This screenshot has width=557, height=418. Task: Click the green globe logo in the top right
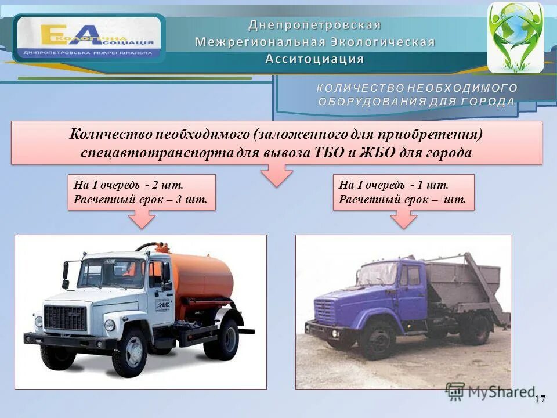click(515, 36)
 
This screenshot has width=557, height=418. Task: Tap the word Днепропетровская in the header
click(314, 25)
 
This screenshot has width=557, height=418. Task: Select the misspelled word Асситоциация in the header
click(314, 59)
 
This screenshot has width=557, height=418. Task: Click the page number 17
click(540, 399)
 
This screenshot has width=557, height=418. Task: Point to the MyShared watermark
click(490, 392)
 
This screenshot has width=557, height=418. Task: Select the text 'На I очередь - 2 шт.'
click(128, 186)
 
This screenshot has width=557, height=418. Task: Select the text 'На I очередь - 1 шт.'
click(394, 186)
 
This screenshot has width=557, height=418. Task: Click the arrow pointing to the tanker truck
click(142, 219)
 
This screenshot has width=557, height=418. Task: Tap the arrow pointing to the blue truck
click(403, 219)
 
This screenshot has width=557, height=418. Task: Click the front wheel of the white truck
click(129, 352)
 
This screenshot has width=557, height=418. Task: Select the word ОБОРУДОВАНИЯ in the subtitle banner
click(371, 102)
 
